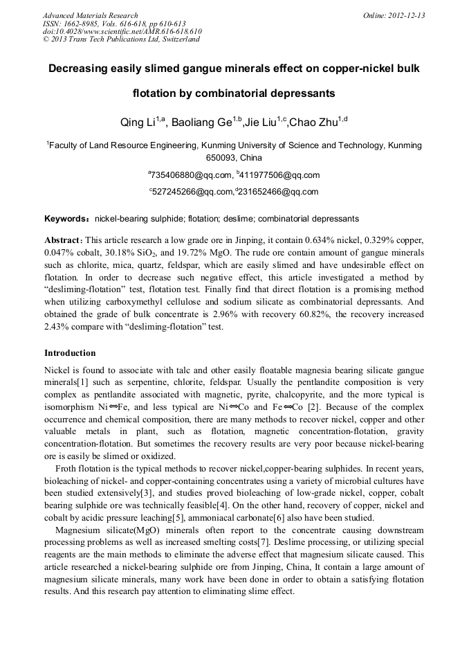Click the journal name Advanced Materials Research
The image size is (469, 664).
point(90,15)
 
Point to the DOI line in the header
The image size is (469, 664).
point(122,31)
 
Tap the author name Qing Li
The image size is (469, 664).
point(138,123)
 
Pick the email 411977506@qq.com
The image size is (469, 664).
point(280,175)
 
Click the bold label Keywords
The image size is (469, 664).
point(66,219)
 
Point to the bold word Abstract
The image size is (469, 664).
point(63,239)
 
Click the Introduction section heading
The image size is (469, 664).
point(70,352)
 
